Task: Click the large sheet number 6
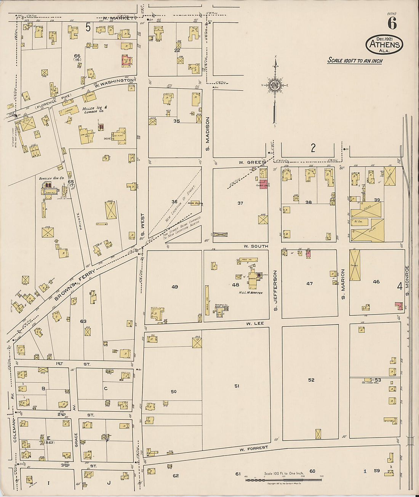392,24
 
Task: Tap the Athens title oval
384,45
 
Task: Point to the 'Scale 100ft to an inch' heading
355,61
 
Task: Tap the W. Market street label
118,18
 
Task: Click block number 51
237,386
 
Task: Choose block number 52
311,380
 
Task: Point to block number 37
240,203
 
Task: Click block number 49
174,287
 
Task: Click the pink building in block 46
398,305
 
